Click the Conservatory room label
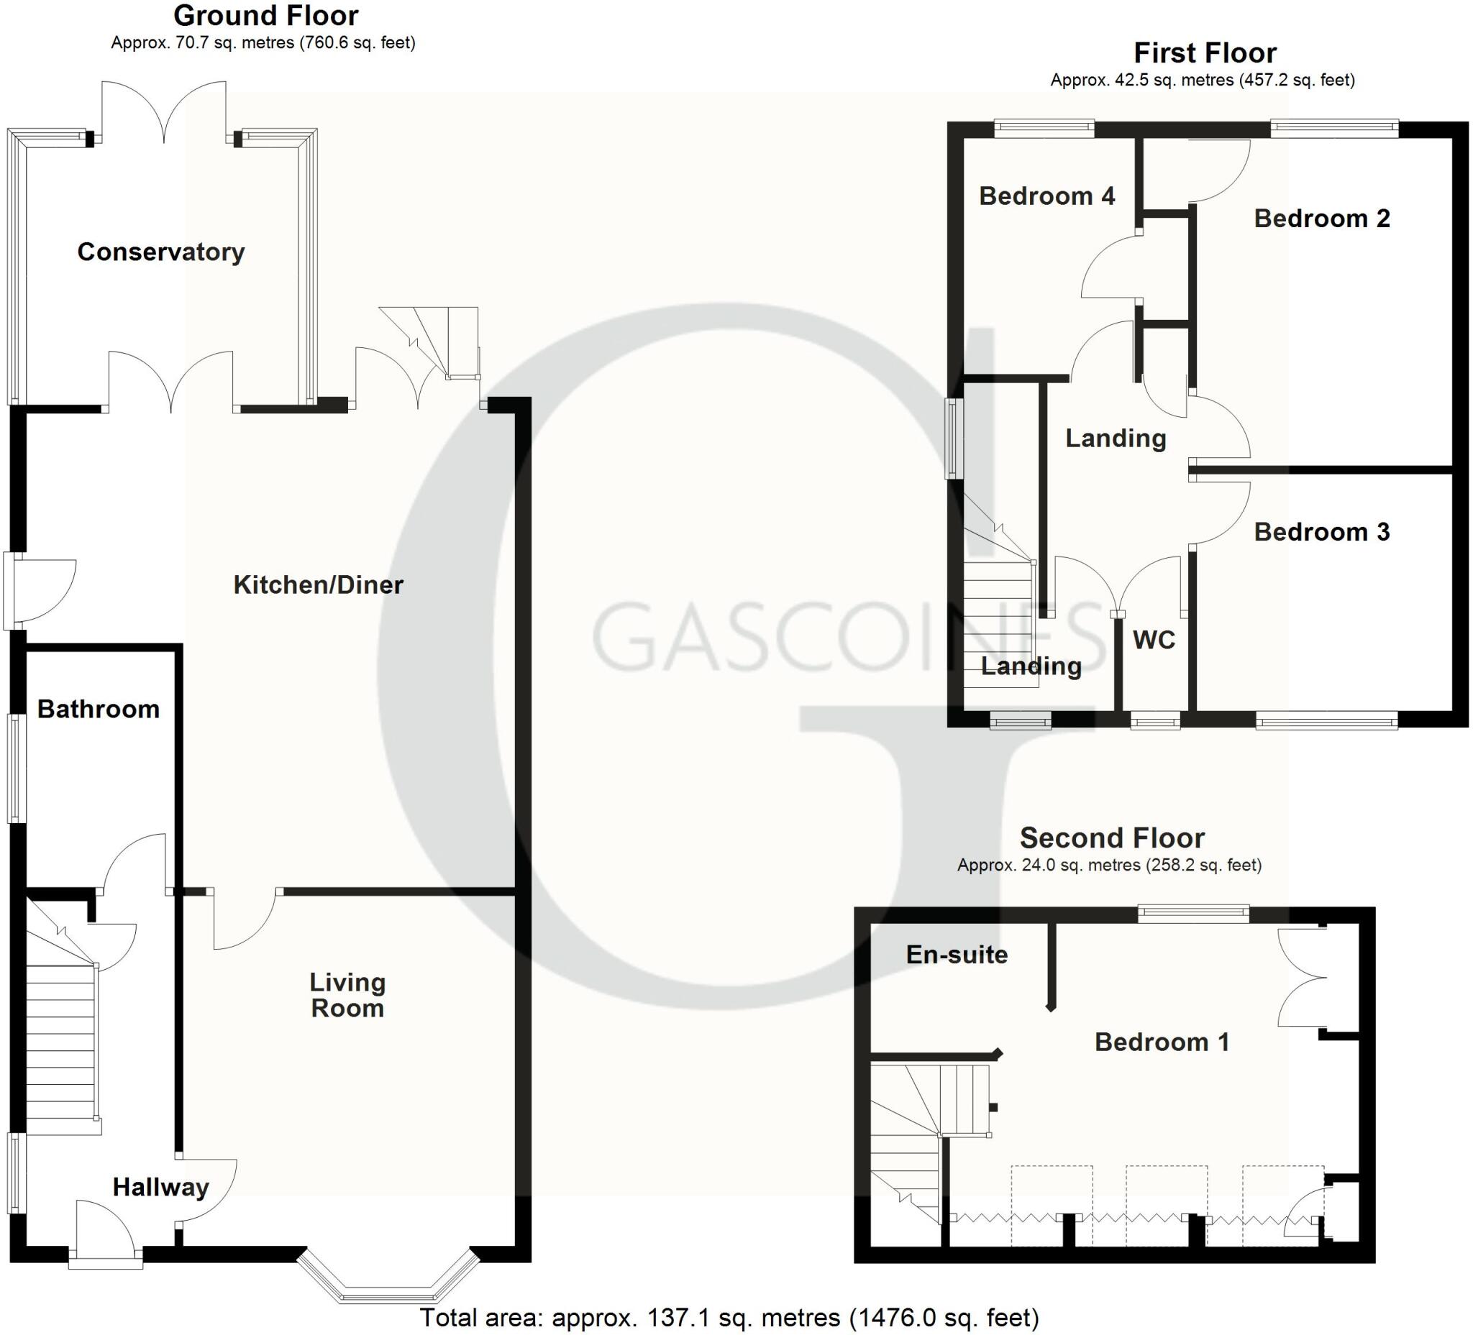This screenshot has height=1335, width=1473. (160, 252)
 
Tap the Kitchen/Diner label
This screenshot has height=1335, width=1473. (318, 584)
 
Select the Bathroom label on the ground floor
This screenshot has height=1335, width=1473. (99, 708)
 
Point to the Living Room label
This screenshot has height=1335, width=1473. (347, 995)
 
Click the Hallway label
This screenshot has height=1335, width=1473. (160, 1187)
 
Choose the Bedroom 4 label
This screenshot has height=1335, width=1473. (1046, 196)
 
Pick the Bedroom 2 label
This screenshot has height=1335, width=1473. (1322, 219)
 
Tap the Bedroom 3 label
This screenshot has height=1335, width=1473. (1322, 532)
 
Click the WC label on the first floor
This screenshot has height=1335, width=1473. (1154, 640)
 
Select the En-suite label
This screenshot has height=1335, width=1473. (957, 955)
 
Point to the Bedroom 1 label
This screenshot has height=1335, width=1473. (1162, 1042)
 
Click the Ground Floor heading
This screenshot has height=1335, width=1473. (266, 15)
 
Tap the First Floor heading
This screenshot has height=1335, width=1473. (1205, 52)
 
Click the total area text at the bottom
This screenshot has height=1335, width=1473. (729, 1318)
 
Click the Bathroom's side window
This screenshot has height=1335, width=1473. (16, 768)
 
